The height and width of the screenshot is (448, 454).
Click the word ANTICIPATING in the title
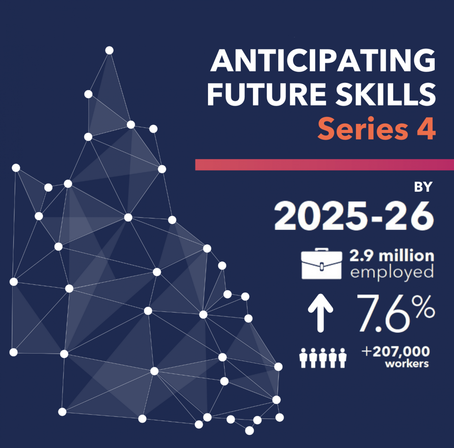[323, 60]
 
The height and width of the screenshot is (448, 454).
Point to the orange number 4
[426, 129]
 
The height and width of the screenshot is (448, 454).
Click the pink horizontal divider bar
[325, 165]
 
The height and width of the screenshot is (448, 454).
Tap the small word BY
[423, 187]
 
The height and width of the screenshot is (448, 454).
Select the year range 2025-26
[354, 216]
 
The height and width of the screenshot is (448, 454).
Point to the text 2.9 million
[392, 256]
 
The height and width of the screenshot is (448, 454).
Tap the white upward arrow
[321, 313]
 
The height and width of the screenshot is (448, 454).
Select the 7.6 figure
[383, 313]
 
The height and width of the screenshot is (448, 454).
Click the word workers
[407, 364]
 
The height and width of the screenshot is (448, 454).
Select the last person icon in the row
[342, 358]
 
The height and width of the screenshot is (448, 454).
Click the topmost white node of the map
[109, 50]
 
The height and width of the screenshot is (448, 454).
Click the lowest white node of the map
[249, 430]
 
